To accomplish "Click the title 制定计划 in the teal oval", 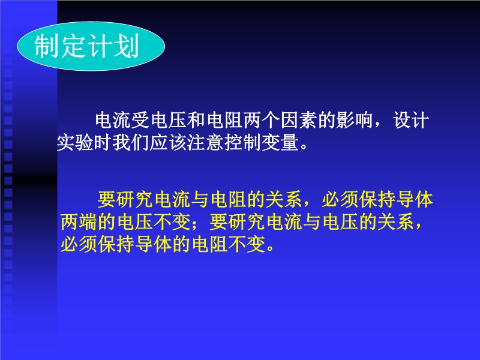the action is [x=86, y=46].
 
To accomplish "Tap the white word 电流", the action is [x=113, y=120].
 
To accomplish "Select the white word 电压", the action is [x=169, y=120].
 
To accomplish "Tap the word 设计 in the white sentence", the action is [x=410, y=120].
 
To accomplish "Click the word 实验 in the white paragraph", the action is [x=75, y=142].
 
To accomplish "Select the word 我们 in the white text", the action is [x=131, y=142].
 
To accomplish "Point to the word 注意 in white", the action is [x=205, y=142].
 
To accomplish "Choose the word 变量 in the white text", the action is [x=280, y=142].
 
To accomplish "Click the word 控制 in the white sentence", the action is [x=243, y=142].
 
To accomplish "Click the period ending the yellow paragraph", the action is [x=271, y=248].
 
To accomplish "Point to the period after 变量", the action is [x=304, y=146].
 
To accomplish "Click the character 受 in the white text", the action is [x=141, y=120].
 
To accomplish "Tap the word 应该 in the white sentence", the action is [x=168, y=142].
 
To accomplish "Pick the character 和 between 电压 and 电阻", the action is [x=197, y=120].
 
